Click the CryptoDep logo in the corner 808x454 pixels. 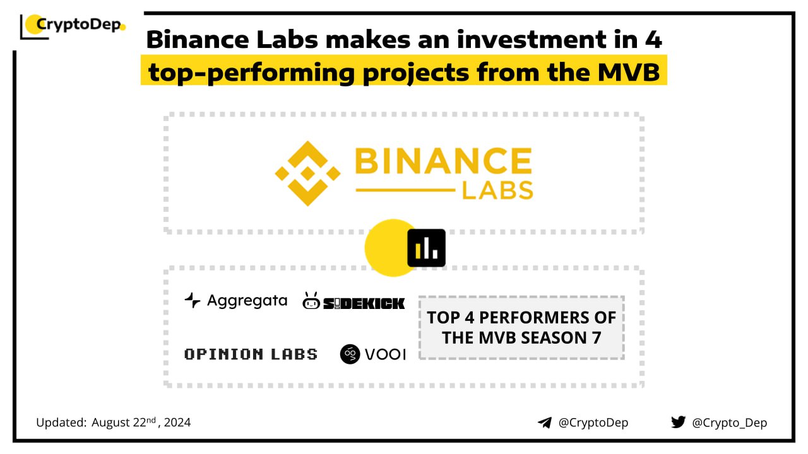coord(73,26)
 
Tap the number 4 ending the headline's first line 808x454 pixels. coord(653,39)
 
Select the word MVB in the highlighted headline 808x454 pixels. coord(629,73)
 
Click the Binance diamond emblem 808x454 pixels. coord(307,173)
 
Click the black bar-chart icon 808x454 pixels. coord(426,248)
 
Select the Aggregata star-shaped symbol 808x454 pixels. coord(193,300)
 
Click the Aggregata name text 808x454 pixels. coord(247,301)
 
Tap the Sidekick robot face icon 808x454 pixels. coord(311,301)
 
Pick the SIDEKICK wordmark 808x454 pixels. coord(364,303)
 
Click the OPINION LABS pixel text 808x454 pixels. coord(251,354)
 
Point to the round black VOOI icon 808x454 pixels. coord(350,354)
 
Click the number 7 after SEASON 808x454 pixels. coord(597,338)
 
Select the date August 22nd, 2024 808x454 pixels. coord(141,422)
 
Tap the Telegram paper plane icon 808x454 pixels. coord(545,422)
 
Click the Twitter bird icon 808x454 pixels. coord(678,422)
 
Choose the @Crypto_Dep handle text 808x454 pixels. coord(729,422)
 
